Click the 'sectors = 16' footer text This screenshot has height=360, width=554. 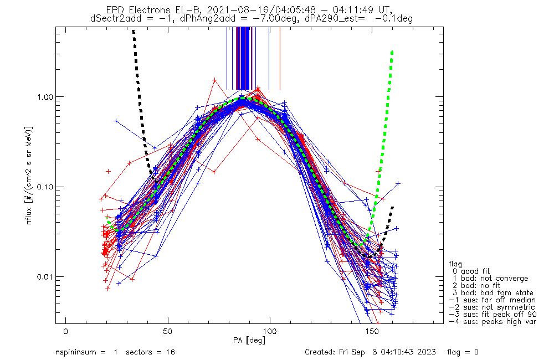147,352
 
